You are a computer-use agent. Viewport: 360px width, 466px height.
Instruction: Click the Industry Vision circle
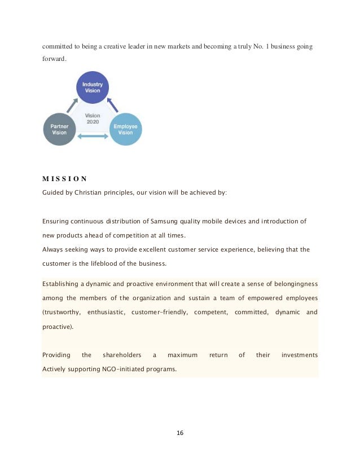point(93,87)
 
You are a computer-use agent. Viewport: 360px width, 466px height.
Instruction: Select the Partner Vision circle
point(59,130)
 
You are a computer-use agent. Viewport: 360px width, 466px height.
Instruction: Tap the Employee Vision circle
point(125,130)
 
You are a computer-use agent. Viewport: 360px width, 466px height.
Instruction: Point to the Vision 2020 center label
point(93,118)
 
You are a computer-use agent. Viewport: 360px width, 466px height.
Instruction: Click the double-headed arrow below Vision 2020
point(93,136)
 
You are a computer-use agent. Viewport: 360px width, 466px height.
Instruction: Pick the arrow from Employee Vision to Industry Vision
point(113,104)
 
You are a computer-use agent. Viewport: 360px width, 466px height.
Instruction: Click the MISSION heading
point(64,179)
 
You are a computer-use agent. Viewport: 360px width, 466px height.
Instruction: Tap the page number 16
point(180,433)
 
